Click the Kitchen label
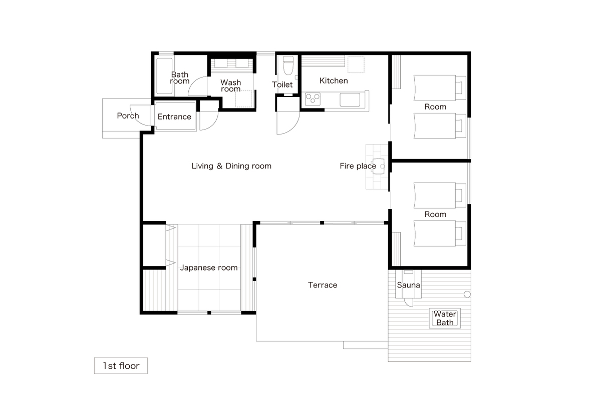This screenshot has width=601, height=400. click(334, 80)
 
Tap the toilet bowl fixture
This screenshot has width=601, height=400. click(288, 65)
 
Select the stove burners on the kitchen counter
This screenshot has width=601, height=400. click(313, 99)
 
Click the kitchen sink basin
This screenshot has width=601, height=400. click(350, 99)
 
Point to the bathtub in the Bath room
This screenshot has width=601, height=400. click(164, 76)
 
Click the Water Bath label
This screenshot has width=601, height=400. click(445, 318)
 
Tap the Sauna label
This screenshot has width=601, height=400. click(408, 285)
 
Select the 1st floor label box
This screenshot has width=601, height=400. click(121, 365)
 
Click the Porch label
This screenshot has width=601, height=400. click(128, 115)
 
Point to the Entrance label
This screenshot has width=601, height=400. click(174, 117)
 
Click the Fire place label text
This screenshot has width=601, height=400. click(358, 166)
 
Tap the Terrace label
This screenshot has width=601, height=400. click(323, 285)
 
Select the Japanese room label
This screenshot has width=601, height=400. click(209, 267)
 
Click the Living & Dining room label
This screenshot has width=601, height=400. click(231, 166)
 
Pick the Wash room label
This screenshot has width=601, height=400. click(231, 85)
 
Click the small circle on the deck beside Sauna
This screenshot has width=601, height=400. click(467, 294)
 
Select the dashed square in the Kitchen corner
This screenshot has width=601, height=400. click(356, 64)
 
